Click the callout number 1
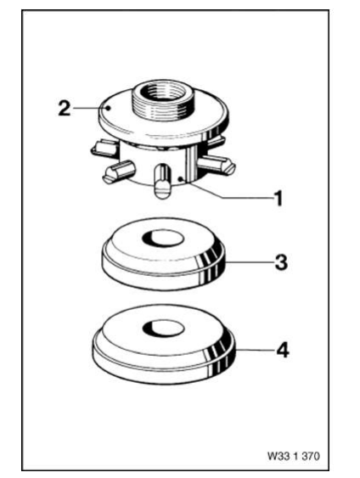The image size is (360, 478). pos(277,201)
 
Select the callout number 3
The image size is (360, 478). pos(277,261)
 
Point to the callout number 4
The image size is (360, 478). pos(277,350)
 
